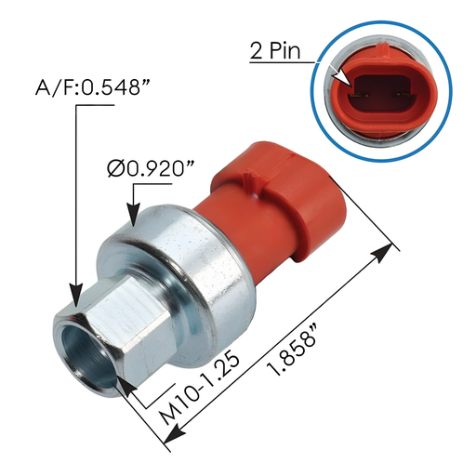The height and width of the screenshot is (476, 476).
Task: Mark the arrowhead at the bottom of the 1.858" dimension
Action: [172, 429]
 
